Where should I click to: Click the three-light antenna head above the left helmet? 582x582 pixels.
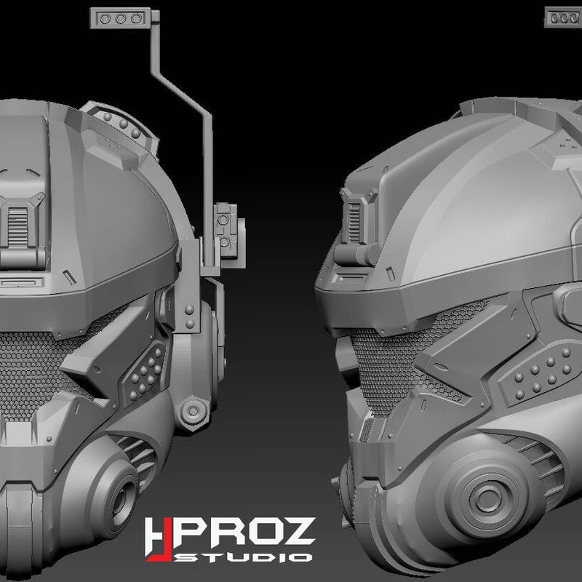pyautogui.click(x=121, y=17)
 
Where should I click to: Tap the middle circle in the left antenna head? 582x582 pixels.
pyautogui.click(x=120, y=18)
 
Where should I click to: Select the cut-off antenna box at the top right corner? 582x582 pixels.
pyautogui.click(x=563, y=17)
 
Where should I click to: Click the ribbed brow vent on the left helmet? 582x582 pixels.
pyautogui.click(x=17, y=227)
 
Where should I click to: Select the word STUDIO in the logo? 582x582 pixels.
pyautogui.click(x=243, y=557)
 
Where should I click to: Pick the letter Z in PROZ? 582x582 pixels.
pyautogui.click(x=297, y=533)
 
